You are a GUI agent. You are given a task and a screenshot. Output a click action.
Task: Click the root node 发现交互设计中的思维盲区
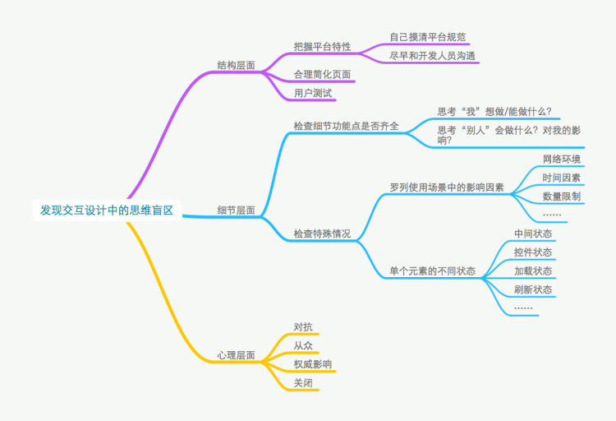pyautogui.click(x=107, y=210)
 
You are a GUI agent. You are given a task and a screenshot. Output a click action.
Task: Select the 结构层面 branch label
pyautogui.click(x=236, y=65)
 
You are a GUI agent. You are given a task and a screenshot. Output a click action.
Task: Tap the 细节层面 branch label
pyautogui.click(x=236, y=210)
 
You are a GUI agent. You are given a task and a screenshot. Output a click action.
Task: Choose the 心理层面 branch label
pyautogui.click(x=236, y=355)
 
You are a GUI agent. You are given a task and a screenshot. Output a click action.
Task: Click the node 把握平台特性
pyautogui.click(x=322, y=47)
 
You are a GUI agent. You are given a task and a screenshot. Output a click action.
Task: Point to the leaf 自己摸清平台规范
pyautogui.click(x=428, y=37)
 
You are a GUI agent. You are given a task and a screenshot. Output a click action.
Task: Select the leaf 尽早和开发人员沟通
pyautogui.click(x=432, y=56)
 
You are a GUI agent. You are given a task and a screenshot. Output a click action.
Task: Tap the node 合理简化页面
pyautogui.click(x=322, y=75)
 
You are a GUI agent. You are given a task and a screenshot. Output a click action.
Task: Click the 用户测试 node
pyautogui.click(x=313, y=94)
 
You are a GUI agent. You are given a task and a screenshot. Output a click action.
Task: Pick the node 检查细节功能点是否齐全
pyautogui.click(x=346, y=126)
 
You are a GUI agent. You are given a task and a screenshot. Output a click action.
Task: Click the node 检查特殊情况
pyautogui.click(x=322, y=234)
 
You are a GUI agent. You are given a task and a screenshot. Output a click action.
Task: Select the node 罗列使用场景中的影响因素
pyautogui.click(x=447, y=187)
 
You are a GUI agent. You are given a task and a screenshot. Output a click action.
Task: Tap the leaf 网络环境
pyautogui.click(x=562, y=159)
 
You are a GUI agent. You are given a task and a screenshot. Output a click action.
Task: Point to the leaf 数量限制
pyautogui.click(x=562, y=197)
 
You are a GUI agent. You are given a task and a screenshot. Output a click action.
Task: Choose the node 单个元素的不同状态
pyautogui.click(x=432, y=271)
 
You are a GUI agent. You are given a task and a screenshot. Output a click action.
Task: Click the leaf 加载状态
pyautogui.click(x=533, y=271)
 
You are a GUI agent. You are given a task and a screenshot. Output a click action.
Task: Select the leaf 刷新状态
pyautogui.click(x=533, y=289)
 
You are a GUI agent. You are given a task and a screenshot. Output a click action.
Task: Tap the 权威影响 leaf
pyautogui.click(x=313, y=364)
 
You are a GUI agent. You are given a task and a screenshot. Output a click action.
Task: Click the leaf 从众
pyautogui.click(x=303, y=345)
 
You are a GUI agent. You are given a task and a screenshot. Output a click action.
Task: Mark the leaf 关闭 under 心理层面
pyautogui.click(x=303, y=383)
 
